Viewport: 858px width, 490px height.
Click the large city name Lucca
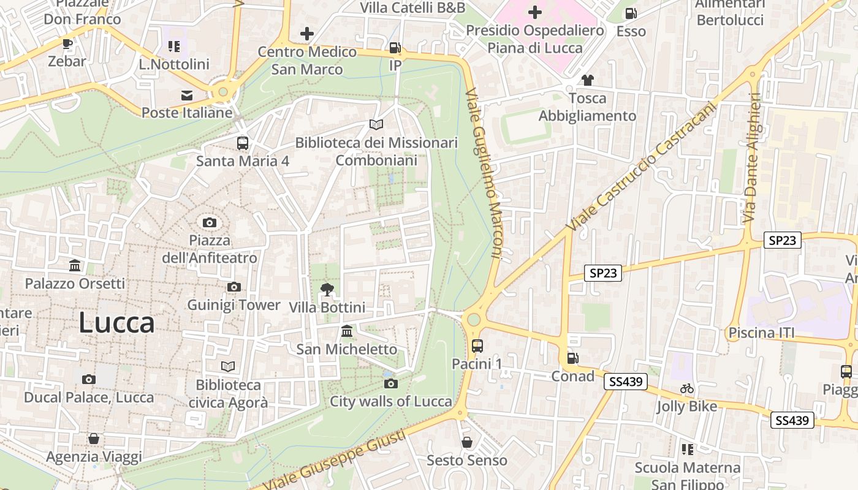point(116,323)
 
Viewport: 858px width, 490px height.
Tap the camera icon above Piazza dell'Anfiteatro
point(210,222)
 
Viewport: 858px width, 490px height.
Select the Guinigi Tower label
point(233,304)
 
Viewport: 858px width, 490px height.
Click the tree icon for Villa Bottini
point(327,290)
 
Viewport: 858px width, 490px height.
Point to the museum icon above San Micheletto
point(347,331)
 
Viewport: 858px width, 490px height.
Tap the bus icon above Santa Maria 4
point(243,143)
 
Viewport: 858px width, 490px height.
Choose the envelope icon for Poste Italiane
point(187,95)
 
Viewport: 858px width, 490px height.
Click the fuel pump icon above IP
point(395,48)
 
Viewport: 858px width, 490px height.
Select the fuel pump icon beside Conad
point(573,358)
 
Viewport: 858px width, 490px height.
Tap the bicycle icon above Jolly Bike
point(687,388)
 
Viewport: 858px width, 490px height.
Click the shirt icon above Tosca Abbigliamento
point(587,80)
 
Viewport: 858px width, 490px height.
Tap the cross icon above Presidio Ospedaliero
point(535,12)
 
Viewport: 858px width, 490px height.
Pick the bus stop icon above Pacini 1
point(477,346)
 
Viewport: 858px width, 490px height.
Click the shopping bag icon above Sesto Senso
point(467,442)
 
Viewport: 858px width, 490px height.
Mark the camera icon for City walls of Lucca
point(391,384)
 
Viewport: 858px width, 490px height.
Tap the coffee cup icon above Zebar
point(67,43)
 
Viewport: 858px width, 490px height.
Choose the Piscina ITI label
point(761,333)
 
